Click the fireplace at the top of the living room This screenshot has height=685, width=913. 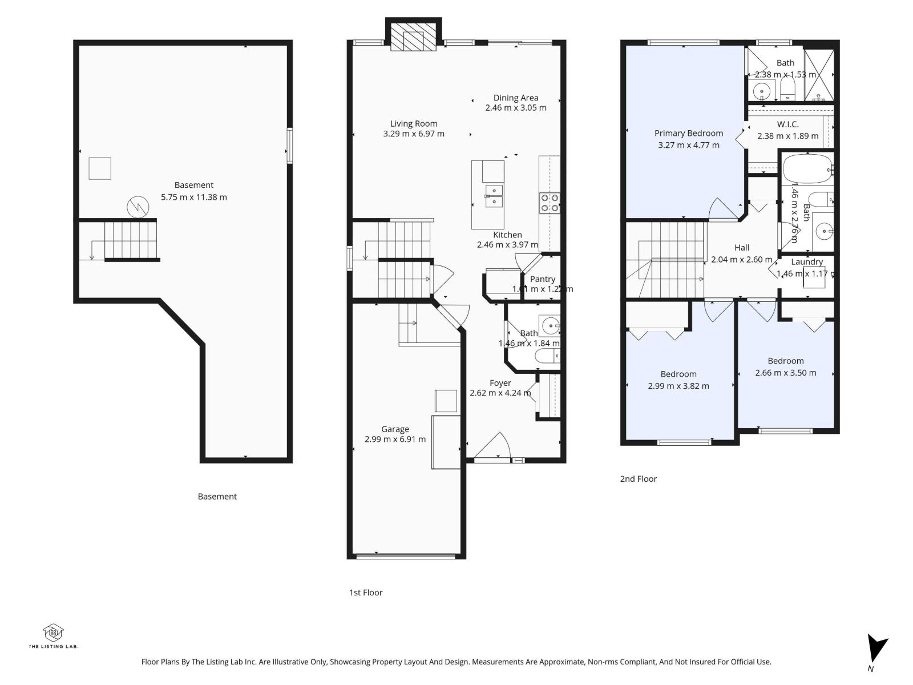click(x=414, y=36)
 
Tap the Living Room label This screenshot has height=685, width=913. click(x=414, y=123)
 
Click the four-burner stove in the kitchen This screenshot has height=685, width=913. click(x=550, y=203)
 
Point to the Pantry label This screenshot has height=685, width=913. click(x=542, y=279)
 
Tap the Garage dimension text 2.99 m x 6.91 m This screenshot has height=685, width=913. click(x=395, y=440)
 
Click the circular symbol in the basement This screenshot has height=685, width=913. click(x=137, y=207)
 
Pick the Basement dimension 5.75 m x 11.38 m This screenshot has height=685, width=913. click(x=194, y=198)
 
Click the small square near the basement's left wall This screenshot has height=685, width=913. click(x=100, y=168)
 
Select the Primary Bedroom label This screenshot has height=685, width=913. click(x=689, y=134)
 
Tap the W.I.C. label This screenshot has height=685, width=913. click(x=787, y=124)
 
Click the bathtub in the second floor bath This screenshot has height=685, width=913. click(x=807, y=168)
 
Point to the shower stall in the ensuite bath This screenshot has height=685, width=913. click(x=819, y=75)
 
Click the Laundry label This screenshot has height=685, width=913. click(x=807, y=262)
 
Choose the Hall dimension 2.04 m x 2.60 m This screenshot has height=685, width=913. click(x=742, y=260)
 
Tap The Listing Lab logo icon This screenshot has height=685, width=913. click(x=53, y=632)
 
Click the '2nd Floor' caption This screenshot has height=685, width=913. click(x=638, y=479)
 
